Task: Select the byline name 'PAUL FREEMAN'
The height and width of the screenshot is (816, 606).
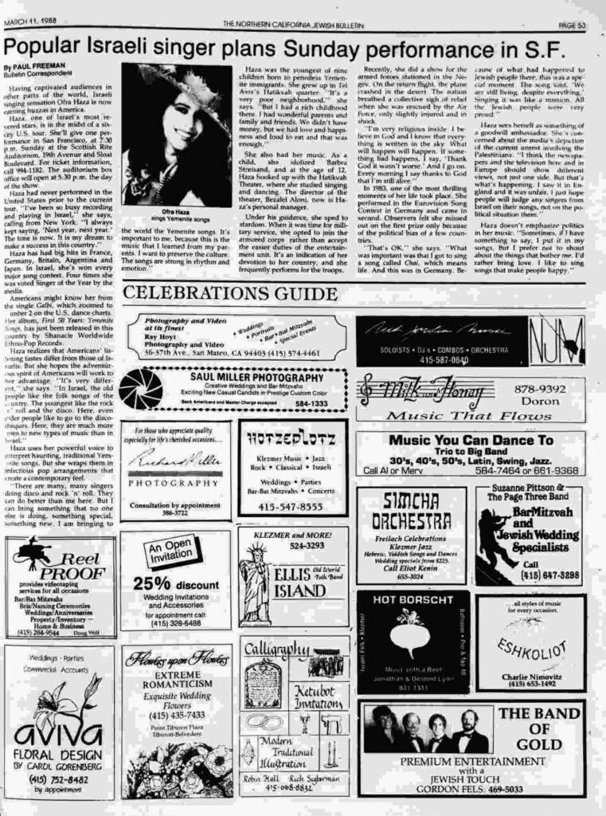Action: coord(30,67)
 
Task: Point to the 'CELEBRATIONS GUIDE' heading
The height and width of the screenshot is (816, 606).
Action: coord(219,293)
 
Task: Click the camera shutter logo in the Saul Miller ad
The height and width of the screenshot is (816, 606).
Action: coord(141,388)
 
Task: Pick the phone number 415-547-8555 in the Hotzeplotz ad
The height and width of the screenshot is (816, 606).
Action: coord(291,506)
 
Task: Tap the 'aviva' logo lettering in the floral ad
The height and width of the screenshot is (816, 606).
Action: coord(58,730)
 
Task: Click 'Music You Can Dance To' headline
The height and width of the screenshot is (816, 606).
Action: coord(471,440)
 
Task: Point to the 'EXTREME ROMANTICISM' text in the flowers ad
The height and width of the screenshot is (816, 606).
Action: coord(178,679)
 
